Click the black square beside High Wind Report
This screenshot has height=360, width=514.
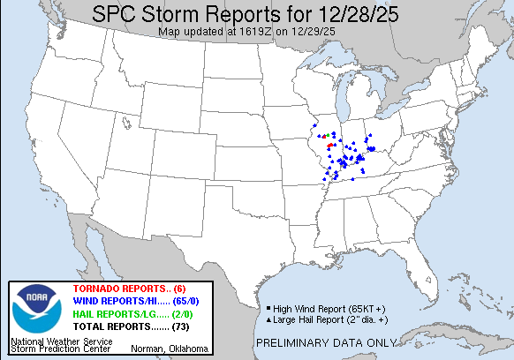268,308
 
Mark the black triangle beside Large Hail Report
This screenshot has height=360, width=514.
268,319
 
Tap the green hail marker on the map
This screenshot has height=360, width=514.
326,136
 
